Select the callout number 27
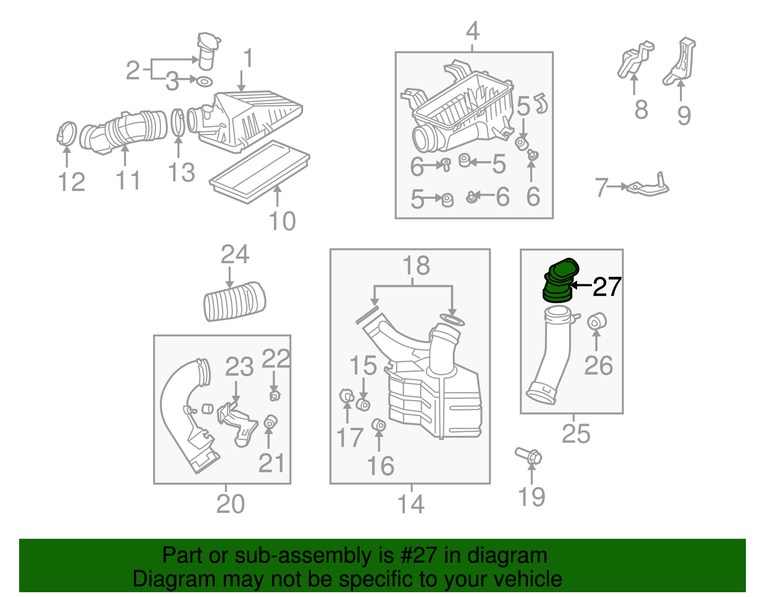(x=607, y=287)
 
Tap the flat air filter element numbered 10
(x=260, y=171)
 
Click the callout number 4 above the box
(x=473, y=31)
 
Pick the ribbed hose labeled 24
(x=235, y=301)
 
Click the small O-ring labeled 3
(x=204, y=82)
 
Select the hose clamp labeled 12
(x=66, y=134)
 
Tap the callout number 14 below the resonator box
(x=411, y=504)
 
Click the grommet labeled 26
(x=596, y=322)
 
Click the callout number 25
(x=576, y=434)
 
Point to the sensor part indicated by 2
(x=208, y=51)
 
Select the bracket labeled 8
(x=635, y=59)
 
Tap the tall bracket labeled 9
(x=679, y=62)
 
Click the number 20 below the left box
(x=230, y=503)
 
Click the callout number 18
(x=416, y=265)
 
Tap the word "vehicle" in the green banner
(x=529, y=578)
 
